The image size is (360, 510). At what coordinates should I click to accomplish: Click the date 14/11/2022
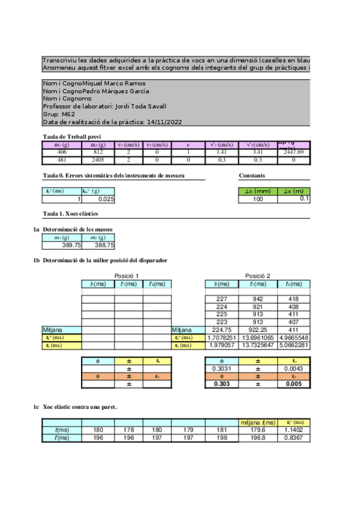coord(164,121)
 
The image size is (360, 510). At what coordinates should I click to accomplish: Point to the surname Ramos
coord(132,83)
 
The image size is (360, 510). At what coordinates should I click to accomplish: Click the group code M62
coord(67,114)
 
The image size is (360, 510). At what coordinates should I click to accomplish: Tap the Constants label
coord(252,176)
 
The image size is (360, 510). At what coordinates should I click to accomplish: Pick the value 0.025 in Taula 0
coord(106,198)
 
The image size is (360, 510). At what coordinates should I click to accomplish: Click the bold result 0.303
coord(222,384)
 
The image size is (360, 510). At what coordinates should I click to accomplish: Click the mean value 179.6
coord(257,430)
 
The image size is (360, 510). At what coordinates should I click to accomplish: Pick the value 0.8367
coord(299,438)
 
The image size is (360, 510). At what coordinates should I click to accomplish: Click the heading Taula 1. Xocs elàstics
coord(71,214)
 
